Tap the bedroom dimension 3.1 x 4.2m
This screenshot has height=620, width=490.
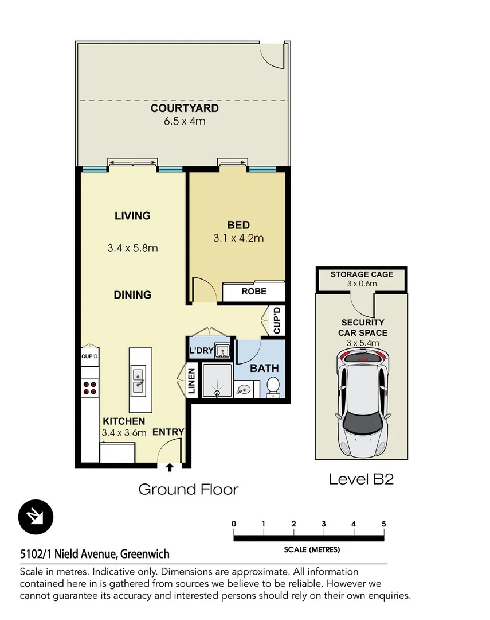pyautogui.click(x=238, y=238)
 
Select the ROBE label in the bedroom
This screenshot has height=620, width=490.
pyautogui.click(x=253, y=292)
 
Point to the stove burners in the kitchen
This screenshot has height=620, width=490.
pyautogui.click(x=89, y=387)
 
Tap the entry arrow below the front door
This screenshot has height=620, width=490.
pyautogui.click(x=170, y=467)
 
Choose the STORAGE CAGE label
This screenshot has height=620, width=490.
pyautogui.click(x=362, y=274)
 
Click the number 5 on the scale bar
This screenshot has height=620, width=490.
pyautogui.click(x=383, y=524)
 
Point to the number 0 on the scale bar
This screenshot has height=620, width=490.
pyautogui.click(x=234, y=524)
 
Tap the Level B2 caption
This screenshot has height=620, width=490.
pyautogui.click(x=361, y=479)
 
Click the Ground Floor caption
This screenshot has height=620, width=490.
pyautogui.click(x=189, y=490)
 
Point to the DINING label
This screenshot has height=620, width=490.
pyautogui.click(x=132, y=295)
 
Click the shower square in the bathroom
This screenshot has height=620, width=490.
pyautogui.click(x=216, y=381)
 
